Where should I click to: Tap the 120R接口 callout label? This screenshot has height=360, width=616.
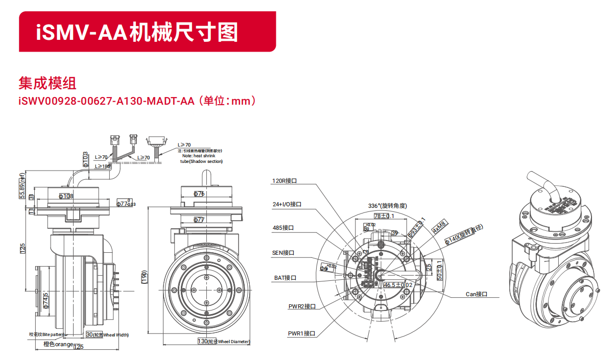285,181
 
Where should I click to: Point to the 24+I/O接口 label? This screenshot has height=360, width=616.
287,204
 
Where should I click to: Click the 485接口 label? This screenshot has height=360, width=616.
283,228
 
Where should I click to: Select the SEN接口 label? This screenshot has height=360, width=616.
283,253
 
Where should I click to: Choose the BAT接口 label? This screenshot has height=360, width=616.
285,278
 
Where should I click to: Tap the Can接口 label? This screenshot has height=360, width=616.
477,294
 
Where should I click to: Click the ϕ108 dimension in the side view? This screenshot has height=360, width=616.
66,196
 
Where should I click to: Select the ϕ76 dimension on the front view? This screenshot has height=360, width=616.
199,194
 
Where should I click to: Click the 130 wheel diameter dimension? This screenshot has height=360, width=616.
203,341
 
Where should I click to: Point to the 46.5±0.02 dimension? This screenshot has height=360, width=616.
398,285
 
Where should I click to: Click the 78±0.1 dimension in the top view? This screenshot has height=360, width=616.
384,216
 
